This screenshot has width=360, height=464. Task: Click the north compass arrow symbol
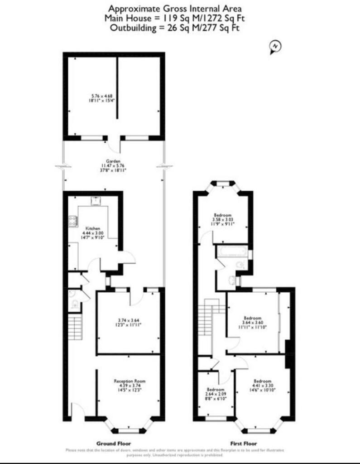(274, 47)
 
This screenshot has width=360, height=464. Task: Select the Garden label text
(113, 161)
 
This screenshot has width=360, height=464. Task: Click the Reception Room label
(129, 382)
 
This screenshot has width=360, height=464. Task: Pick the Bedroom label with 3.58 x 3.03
(223, 215)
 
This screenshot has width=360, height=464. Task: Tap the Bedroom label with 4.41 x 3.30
(262, 381)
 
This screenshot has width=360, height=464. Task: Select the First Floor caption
(245, 443)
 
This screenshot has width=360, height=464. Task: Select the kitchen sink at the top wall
(96, 201)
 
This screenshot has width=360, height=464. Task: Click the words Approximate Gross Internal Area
(175, 8)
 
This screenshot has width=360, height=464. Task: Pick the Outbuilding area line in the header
(175, 28)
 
